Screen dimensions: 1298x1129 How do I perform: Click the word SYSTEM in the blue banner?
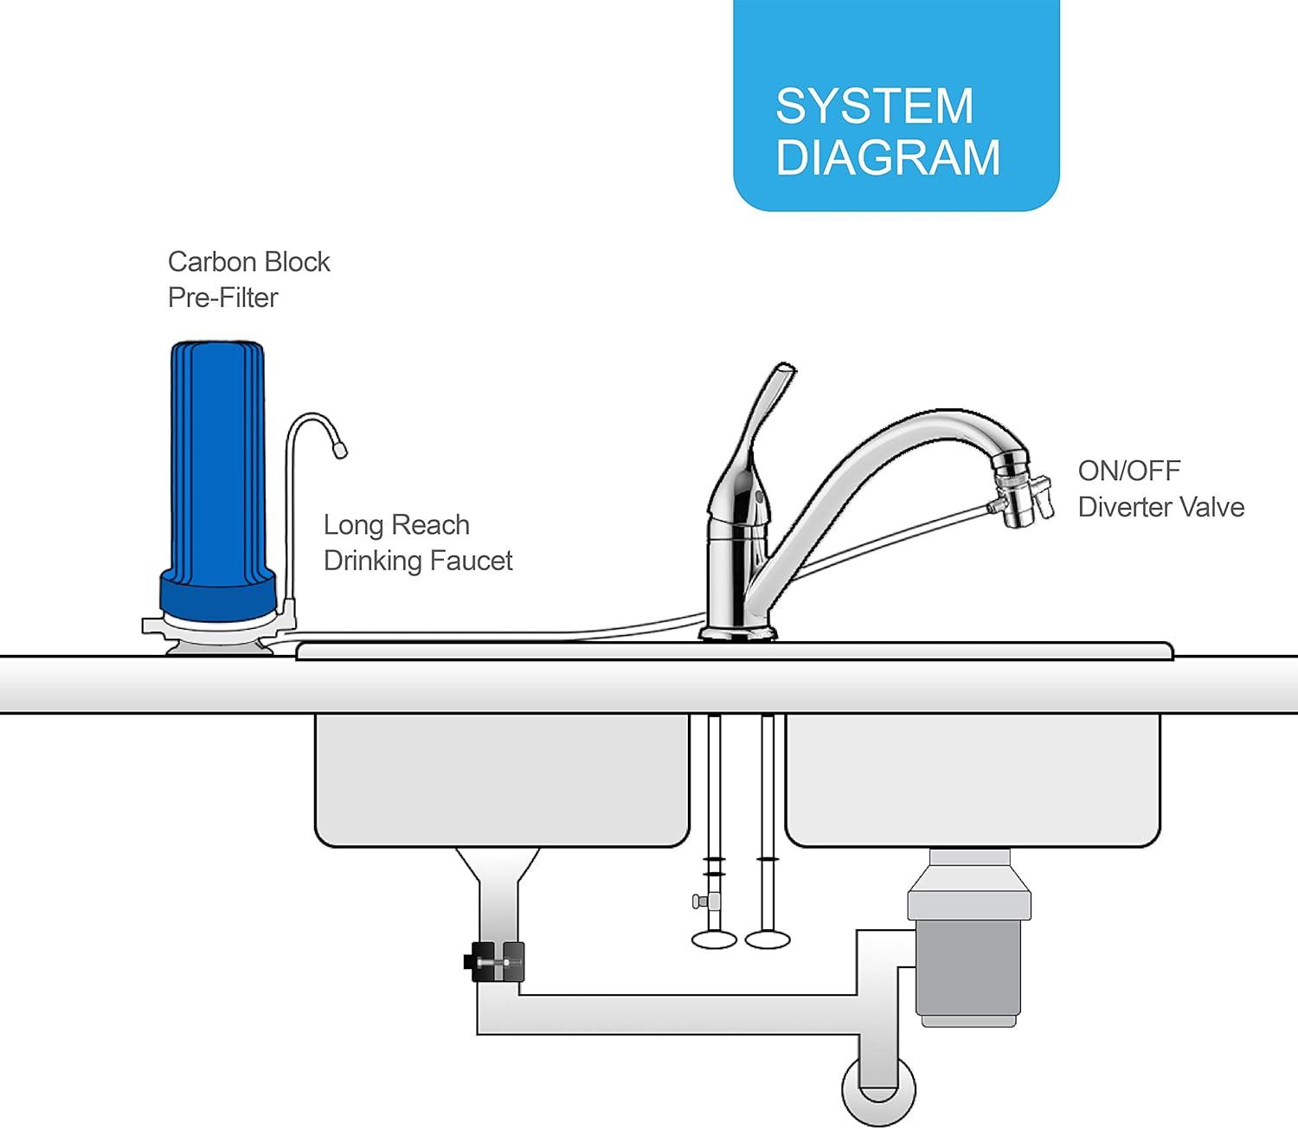coord(874,106)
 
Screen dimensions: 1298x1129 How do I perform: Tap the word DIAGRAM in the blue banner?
coord(888,157)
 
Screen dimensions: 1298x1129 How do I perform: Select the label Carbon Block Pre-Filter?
coord(248,279)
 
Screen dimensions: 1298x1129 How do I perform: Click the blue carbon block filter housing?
coord(217,467)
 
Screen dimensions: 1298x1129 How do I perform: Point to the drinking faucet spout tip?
coord(339,449)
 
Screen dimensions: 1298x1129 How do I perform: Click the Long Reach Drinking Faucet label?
coord(417,542)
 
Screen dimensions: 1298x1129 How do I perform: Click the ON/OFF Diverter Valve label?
coord(1160,489)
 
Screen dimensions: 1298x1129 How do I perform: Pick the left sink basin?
coord(502,779)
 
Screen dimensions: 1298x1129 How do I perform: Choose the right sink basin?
coord(972,779)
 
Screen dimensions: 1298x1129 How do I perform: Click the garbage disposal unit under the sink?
coord(969,943)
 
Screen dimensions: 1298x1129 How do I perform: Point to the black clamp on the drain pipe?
coord(496,961)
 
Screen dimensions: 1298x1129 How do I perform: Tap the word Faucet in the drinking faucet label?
coord(471,561)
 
